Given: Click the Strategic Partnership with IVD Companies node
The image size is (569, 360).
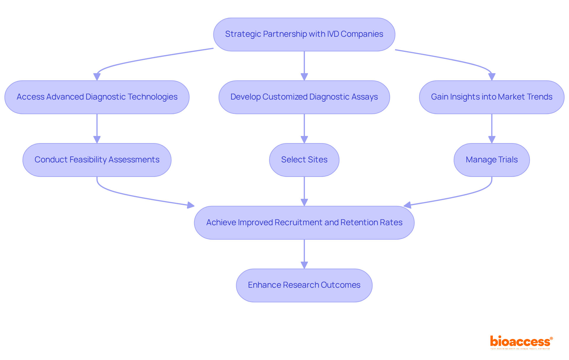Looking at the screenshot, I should (x=304, y=34).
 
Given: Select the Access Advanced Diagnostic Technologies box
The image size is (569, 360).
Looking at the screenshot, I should (x=97, y=97).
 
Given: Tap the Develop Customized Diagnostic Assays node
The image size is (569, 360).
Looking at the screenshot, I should (x=304, y=97).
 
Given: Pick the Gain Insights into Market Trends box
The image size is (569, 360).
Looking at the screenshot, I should (x=492, y=97).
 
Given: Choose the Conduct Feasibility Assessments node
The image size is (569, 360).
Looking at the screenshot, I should (x=97, y=160).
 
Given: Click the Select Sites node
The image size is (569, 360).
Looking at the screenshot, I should (x=304, y=160).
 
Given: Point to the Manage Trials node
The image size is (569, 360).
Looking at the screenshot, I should (x=492, y=160).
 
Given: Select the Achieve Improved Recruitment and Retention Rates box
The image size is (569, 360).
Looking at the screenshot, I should (x=304, y=223).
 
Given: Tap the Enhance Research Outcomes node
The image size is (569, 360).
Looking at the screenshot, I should (x=304, y=285).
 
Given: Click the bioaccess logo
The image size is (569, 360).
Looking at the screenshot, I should (x=521, y=342).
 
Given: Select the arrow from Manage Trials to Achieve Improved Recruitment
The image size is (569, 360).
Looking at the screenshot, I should (x=462, y=196).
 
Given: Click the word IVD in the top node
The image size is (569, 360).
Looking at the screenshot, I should (x=333, y=34).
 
